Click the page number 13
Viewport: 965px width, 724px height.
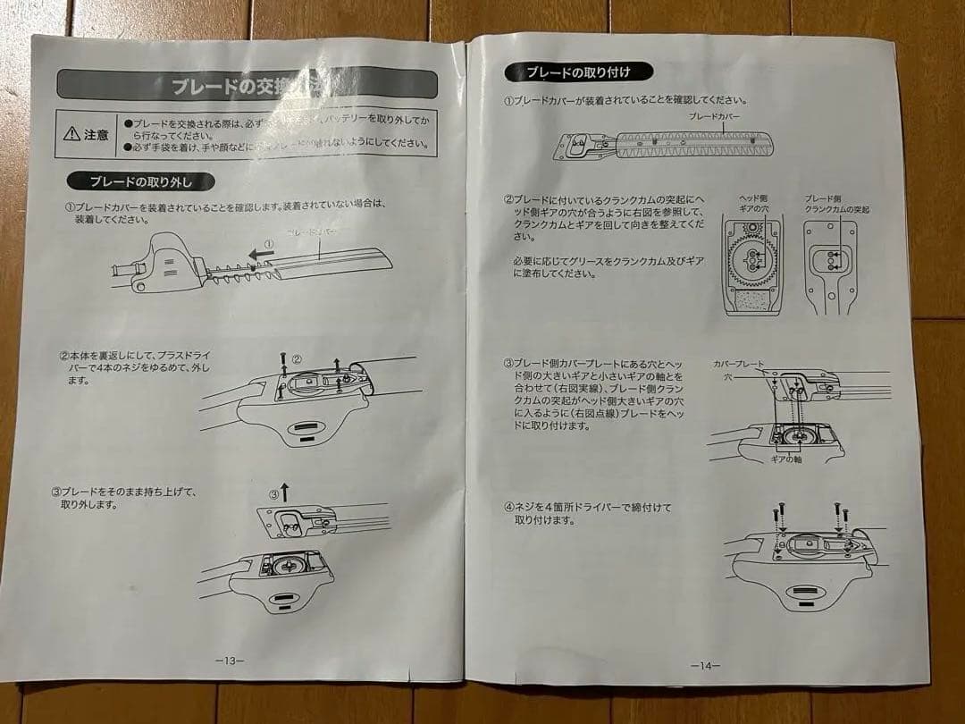tap(230, 661)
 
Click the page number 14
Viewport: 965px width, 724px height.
tap(705, 665)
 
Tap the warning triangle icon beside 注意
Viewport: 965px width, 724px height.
tap(72, 135)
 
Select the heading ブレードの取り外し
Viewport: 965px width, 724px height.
tap(140, 182)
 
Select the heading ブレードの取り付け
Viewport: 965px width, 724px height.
tap(577, 72)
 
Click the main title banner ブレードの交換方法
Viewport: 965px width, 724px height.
tap(248, 86)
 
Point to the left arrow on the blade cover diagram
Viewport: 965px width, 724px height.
tap(261, 253)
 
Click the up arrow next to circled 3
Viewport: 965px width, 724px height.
tap(285, 491)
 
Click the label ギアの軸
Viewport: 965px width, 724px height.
tap(785, 458)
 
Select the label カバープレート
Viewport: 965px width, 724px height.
tap(738, 365)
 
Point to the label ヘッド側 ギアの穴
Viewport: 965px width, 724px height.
tap(753, 203)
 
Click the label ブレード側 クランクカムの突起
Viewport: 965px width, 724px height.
tap(836, 204)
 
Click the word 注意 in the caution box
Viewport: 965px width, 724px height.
tap(96, 135)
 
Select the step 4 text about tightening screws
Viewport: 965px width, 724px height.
tap(587, 513)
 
